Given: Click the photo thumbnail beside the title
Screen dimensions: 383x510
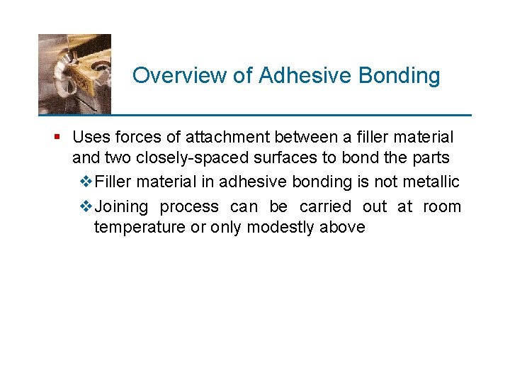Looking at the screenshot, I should tap(74, 74).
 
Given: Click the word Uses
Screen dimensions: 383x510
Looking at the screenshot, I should tap(89, 136).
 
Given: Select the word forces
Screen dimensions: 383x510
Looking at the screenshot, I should tap(134, 136).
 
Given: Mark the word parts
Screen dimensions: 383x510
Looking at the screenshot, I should tap(429, 157).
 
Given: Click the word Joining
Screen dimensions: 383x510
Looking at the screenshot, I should tap(121, 207).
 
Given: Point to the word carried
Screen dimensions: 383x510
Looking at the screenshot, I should tap(325, 207).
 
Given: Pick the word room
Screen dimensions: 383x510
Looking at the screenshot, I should tap(442, 207).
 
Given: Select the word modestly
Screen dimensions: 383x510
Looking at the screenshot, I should tap(279, 227).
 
